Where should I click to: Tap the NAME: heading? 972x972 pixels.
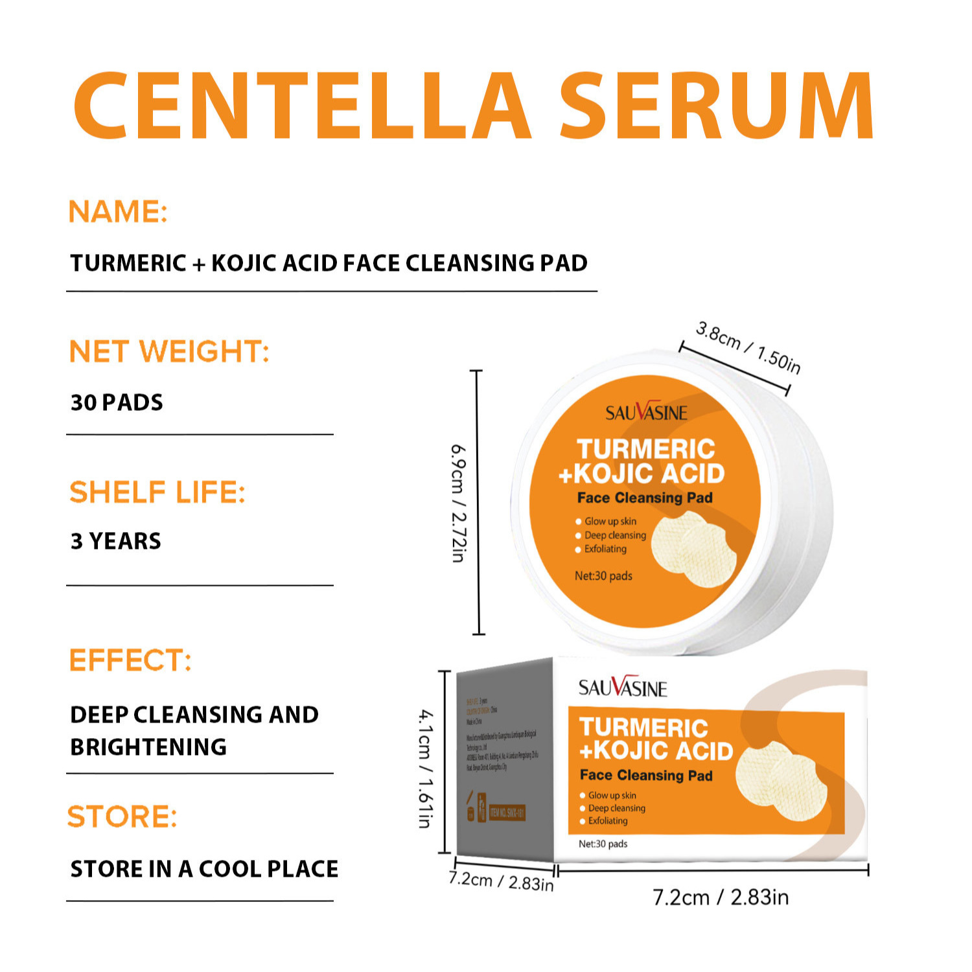pos(118,212)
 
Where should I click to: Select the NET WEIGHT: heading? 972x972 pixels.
pos(168,351)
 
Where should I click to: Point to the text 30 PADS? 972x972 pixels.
pos(117,402)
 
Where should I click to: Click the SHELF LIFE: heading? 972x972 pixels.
pos(157,492)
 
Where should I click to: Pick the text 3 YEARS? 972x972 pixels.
pos(115,541)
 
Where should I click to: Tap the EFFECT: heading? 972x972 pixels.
pos(130,660)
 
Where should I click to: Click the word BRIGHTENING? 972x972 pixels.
pos(148,747)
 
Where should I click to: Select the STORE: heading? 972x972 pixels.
pos(122,816)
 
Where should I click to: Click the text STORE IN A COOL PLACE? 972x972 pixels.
pos(204,869)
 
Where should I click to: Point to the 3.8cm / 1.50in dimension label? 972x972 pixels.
pos(748,347)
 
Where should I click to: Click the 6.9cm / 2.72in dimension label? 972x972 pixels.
pos(458,503)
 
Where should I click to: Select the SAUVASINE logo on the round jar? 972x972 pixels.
pos(646,412)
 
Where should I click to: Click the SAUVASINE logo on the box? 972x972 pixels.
pos(622,688)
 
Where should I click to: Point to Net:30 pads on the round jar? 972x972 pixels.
pos(603,576)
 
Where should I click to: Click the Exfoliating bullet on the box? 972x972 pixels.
pos(607,821)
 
